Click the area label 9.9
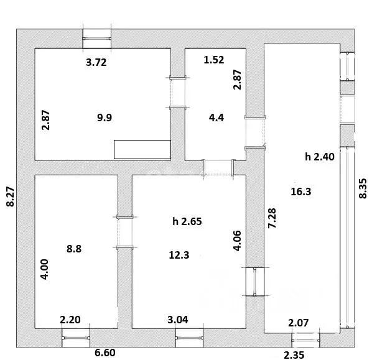(x=105, y=118)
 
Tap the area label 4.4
(x=216, y=118)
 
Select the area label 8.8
(x=74, y=249)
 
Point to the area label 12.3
(x=179, y=255)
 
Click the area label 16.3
(x=301, y=192)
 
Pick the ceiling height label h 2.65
(x=187, y=221)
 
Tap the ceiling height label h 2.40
(x=320, y=157)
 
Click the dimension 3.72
(x=96, y=62)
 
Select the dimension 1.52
(x=214, y=60)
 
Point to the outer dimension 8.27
(x=11, y=196)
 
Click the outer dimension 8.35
(x=363, y=188)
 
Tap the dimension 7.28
(x=272, y=218)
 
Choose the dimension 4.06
(x=237, y=241)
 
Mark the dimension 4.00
(x=44, y=269)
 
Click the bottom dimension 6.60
(x=105, y=353)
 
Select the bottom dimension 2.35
(x=294, y=355)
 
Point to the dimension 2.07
(x=298, y=323)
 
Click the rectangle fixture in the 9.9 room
(x=142, y=149)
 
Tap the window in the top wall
(x=97, y=39)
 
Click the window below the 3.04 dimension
(x=189, y=338)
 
